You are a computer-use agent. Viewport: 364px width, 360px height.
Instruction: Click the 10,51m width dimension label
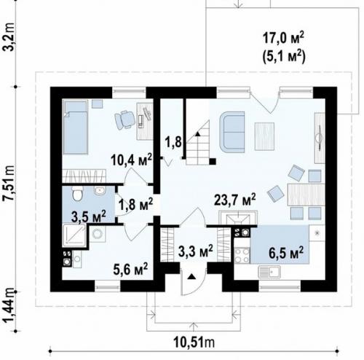tap(194, 343)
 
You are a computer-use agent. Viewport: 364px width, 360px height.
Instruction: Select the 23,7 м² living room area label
tap(235, 200)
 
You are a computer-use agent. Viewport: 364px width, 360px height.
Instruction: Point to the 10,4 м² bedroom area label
tap(131, 160)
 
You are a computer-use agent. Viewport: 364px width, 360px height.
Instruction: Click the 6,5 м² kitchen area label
tap(286, 253)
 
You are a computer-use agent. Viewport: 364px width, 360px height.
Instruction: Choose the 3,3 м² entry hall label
tap(196, 251)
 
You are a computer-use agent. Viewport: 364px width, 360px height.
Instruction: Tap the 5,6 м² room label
tap(130, 269)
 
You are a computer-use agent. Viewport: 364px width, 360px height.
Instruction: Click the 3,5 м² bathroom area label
tap(89, 216)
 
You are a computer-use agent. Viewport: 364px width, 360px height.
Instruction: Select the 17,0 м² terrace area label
tap(283, 39)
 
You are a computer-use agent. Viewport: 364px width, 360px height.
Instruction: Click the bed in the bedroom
tap(75, 128)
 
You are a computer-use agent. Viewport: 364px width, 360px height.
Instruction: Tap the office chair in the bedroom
tap(125, 120)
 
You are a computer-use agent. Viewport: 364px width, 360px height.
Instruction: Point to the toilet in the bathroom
tap(78, 194)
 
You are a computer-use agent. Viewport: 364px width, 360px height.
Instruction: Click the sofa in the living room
tap(232, 132)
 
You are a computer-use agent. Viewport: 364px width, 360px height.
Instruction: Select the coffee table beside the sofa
tap(264, 136)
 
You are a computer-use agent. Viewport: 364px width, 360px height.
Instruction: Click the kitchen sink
tap(269, 272)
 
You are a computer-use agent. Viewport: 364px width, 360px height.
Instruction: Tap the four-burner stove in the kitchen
tap(242, 255)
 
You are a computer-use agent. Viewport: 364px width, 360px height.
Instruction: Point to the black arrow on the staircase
tap(198, 133)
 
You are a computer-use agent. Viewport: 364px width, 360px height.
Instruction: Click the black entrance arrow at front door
tap(192, 276)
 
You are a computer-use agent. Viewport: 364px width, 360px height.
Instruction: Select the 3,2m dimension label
tap(9, 36)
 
